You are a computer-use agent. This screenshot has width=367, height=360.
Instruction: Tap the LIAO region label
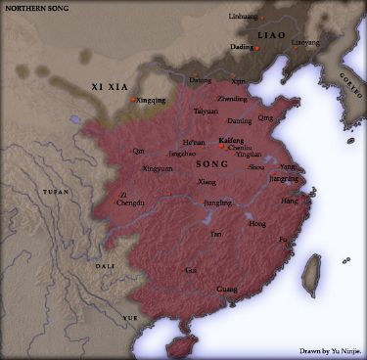270,35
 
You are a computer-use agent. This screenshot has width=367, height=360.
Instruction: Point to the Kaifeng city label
232,140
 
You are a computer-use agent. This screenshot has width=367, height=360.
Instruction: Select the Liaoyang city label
306,43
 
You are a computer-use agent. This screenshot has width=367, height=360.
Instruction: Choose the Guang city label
226,289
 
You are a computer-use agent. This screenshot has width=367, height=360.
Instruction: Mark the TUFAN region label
58,193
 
